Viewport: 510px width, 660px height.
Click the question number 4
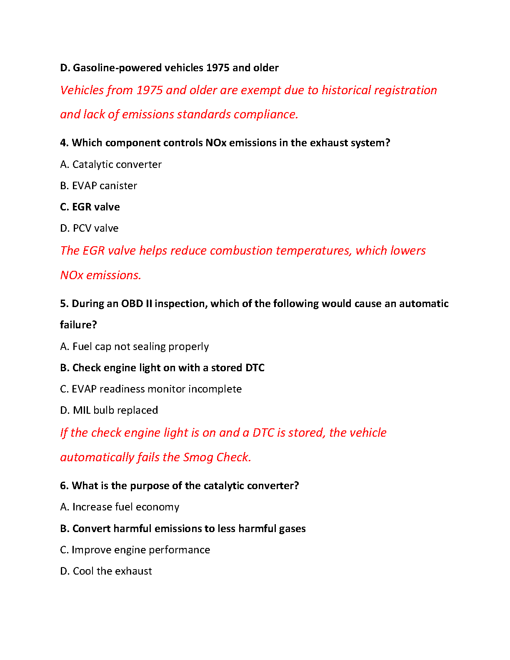(x=64, y=143)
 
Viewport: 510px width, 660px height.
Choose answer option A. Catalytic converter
(x=111, y=165)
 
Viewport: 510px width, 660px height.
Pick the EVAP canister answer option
(x=99, y=186)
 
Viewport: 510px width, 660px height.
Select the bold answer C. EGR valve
(x=90, y=207)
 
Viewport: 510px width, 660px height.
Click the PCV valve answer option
(x=89, y=228)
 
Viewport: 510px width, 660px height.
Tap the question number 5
(x=64, y=304)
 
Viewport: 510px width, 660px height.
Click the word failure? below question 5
(x=78, y=325)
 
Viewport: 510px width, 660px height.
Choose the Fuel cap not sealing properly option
(x=135, y=347)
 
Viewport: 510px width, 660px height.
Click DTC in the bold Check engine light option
(x=255, y=368)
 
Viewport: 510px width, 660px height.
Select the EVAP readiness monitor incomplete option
(x=151, y=389)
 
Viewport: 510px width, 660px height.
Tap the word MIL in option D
(x=82, y=410)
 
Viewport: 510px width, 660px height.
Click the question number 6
(x=64, y=486)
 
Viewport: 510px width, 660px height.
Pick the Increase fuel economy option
(x=120, y=507)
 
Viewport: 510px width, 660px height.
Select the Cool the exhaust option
(x=106, y=571)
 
